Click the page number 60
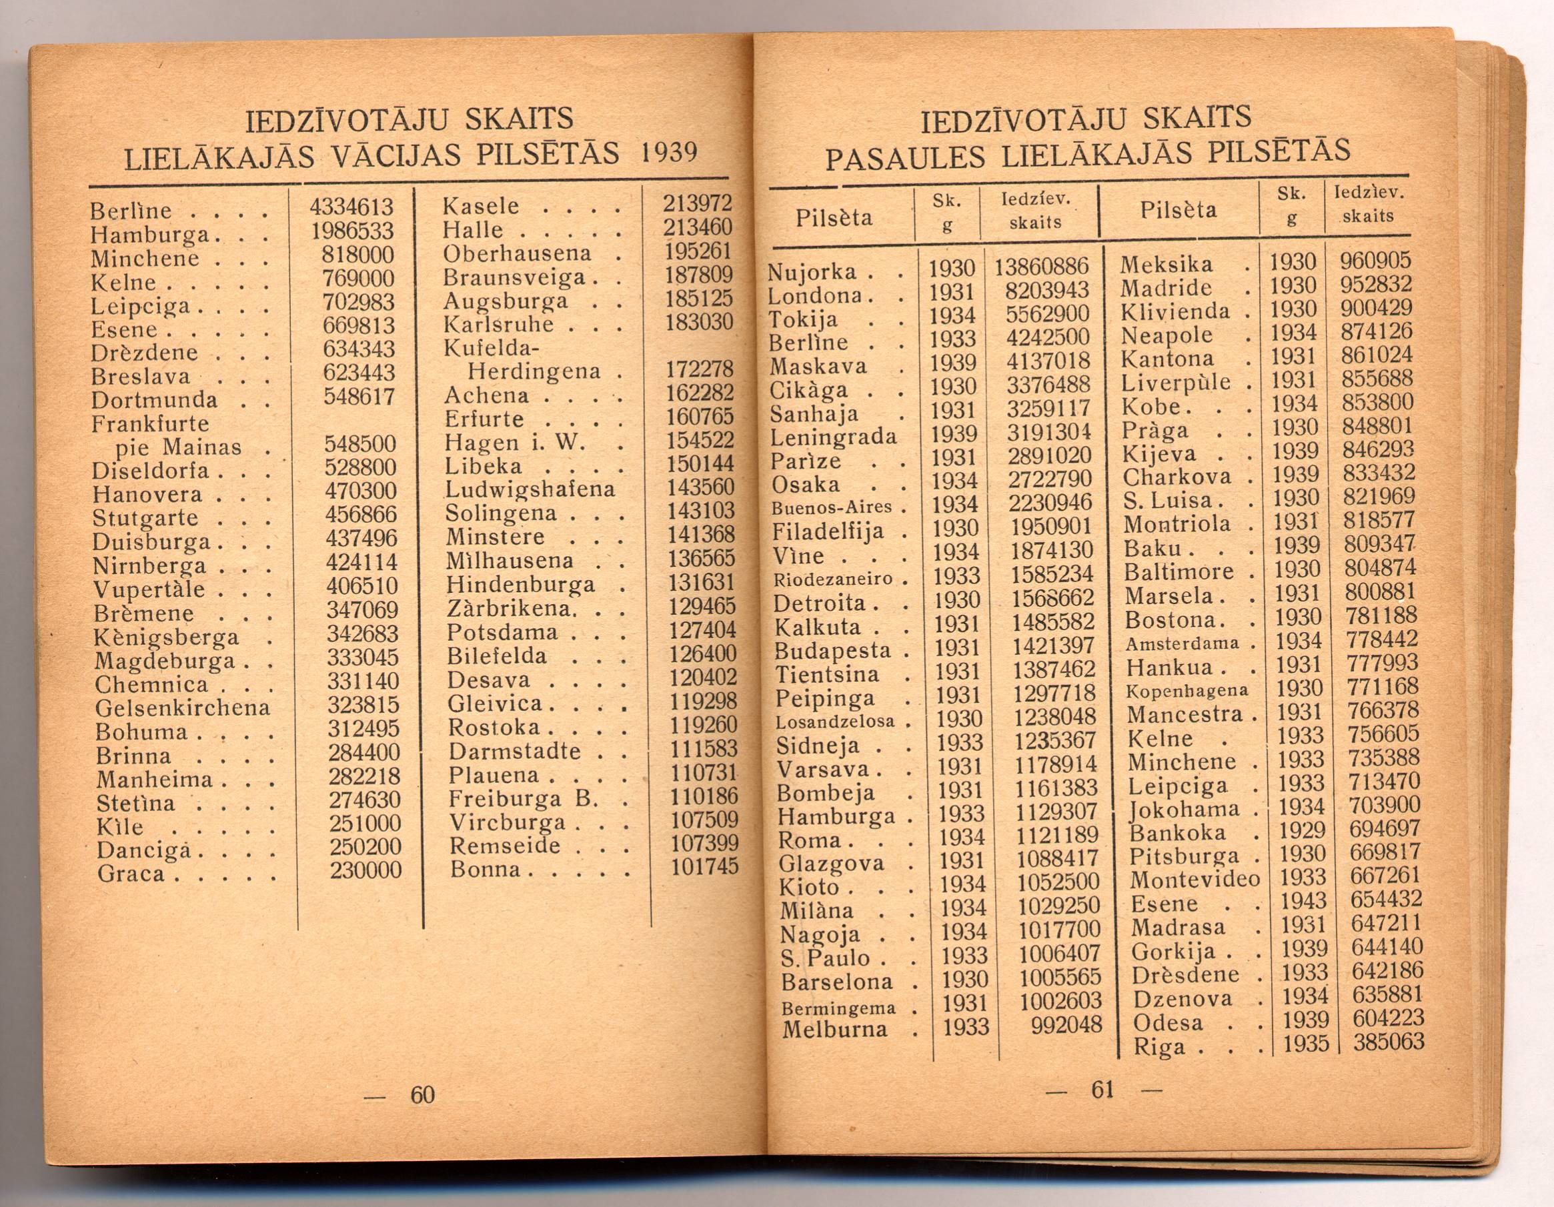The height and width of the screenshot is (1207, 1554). pos(422,1094)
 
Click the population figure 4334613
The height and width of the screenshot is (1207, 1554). pos(351,207)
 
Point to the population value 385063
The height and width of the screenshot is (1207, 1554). pos(1388,1042)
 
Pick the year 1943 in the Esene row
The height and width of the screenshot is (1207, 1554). pos(1303,900)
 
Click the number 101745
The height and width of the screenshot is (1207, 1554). pos(704,866)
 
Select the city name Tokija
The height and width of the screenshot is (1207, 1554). pos(803,319)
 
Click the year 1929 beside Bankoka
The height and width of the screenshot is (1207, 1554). pos(1302,830)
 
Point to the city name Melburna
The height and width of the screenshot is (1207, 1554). pos(834,1028)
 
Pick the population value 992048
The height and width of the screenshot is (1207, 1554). pos(1065,1024)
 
